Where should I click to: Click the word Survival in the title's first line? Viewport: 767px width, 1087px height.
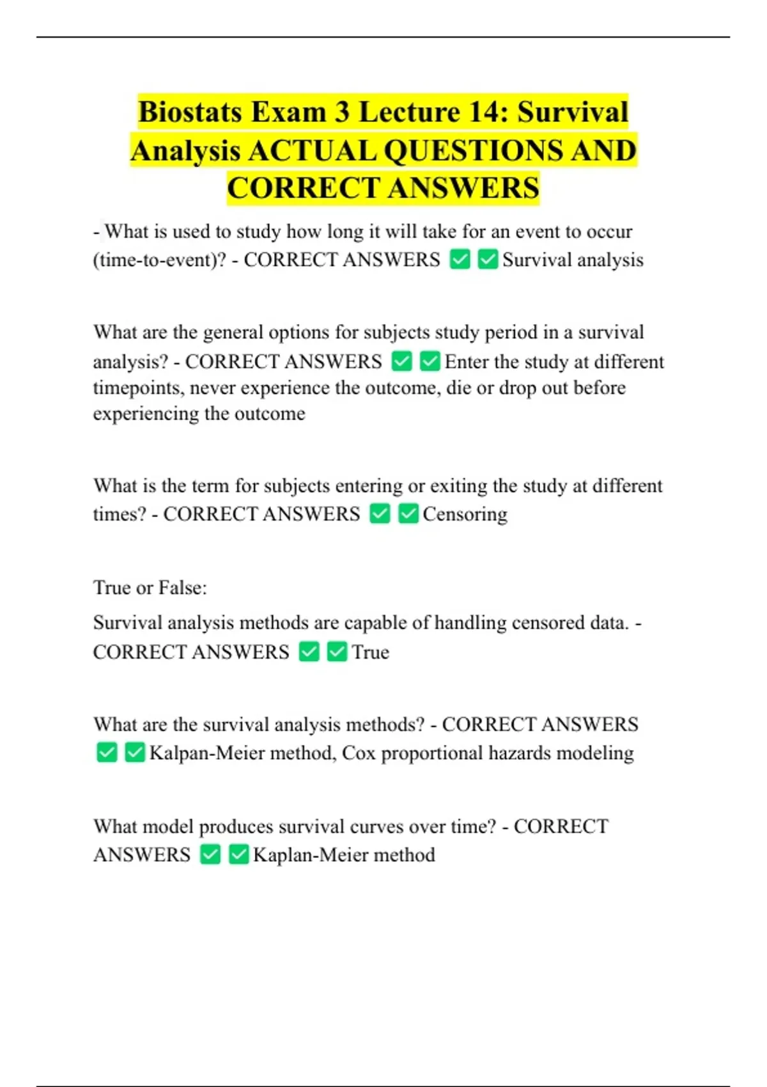click(573, 113)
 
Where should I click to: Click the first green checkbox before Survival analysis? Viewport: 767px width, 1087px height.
click(460, 260)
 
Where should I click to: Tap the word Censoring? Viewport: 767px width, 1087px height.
click(465, 514)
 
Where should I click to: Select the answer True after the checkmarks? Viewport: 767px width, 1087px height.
click(370, 652)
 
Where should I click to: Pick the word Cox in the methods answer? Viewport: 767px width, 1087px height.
click(359, 753)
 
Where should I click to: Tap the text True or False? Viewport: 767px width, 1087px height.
click(150, 588)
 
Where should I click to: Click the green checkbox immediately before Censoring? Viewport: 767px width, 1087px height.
click(408, 513)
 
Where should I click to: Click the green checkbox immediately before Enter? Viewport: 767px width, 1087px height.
click(430, 361)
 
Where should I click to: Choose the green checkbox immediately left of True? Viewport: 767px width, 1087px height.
click(337, 652)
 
